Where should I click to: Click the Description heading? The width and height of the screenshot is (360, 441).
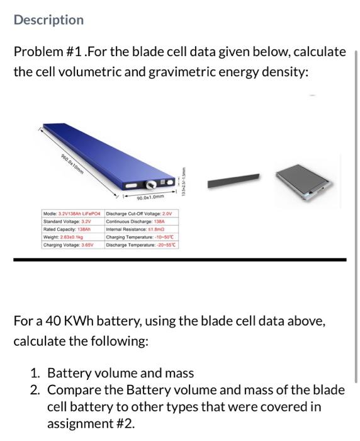pyautogui.click(x=48, y=20)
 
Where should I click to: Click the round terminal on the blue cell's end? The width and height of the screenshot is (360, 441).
pyautogui.click(x=152, y=185)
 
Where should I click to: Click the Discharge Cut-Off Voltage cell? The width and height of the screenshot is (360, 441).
pyautogui.click(x=142, y=214)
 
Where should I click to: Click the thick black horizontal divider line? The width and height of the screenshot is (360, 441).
pyautogui.click(x=179, y=260)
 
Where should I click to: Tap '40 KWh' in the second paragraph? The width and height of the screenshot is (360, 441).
pyautogui.click(x=66, y=321)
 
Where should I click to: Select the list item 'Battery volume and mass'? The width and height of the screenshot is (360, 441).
pyautogui.click(x=120, y=373)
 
